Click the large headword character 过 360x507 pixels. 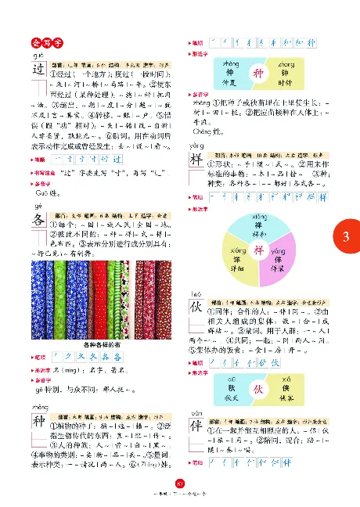(40, 68)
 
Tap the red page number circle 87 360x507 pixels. (180, 489)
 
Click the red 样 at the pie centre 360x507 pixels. (258, 250)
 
